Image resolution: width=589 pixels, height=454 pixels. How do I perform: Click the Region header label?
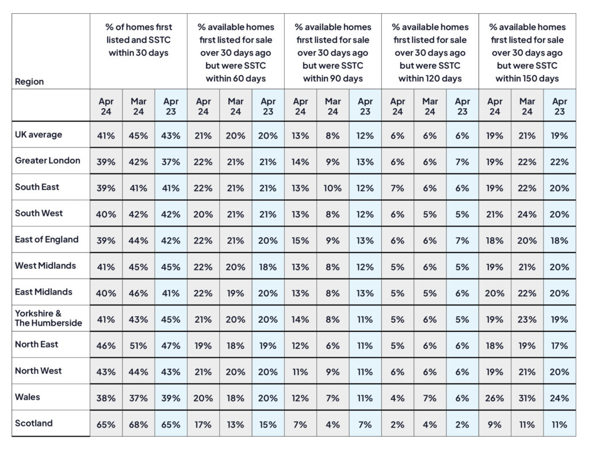pyautogui.click(x=29, y=82)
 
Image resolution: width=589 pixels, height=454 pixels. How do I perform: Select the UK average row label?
pyautogui.click(x=39, y=135)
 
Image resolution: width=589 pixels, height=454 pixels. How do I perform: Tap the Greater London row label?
pyautogui.click(x=47, y=161)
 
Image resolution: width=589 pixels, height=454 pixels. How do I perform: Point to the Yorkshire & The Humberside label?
pyautogui.click(x=48, y=318)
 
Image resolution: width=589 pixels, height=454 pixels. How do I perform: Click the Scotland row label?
pyautogui.click(x=34, y=423)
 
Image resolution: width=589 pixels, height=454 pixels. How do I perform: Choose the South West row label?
pyautogui.click(x=39, y=213)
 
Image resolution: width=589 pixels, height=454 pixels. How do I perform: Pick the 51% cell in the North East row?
pyautogui.click(x=138, y=345)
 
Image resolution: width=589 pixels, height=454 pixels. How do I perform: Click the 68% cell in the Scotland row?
pyautogui.click(x=138, y=424)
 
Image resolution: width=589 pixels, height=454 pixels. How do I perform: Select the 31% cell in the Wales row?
pyautogui.click(x=527, y=398)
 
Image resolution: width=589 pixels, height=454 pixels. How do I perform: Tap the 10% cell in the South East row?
pyautogui.click(x=333, y=188)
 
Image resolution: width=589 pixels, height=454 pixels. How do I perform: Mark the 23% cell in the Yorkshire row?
pyautogui.click(x=527, y=319)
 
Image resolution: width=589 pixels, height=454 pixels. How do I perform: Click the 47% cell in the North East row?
pyautogui.click(x=170, y=345)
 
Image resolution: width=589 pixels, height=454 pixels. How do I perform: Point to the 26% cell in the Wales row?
pyautogui.click(x=494, y=398)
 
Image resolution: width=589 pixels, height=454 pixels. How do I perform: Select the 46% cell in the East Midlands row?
pyautogui.click(x=138, y=293)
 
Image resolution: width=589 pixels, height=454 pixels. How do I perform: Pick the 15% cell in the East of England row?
pyautogui.click(x=300, y=241)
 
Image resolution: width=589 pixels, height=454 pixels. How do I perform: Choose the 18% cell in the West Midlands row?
pyautogui.click(x=268, y=267)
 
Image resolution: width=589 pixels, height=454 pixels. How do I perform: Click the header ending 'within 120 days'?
pyautogui.click(x=430, y=52)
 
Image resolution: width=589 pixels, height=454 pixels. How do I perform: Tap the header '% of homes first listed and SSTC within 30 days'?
pyautogui.click(x=139, y=40)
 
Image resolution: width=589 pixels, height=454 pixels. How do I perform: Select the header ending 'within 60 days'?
pyautogui.click(x=236, y=52)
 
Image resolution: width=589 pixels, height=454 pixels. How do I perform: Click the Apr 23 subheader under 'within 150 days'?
pyautogui.click(x=559, y=106)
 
